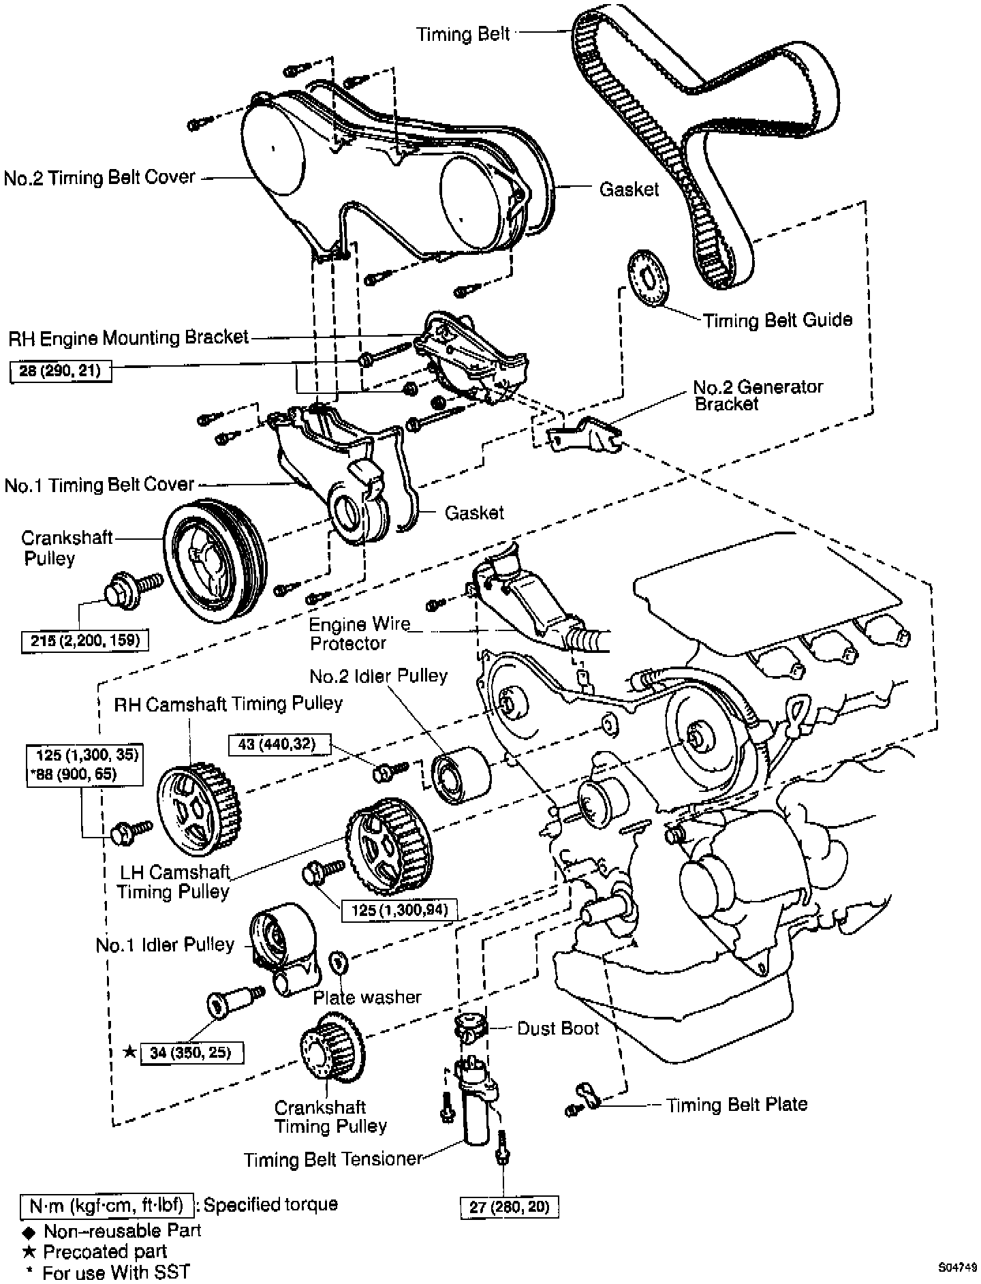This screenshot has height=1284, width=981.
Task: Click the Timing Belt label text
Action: [x=463, y=34]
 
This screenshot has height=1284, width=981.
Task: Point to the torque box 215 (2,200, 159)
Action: [x=85, y=640]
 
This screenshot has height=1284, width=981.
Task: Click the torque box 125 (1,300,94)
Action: [x=399, y=909]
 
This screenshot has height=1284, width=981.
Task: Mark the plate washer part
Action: [x=339, y=962]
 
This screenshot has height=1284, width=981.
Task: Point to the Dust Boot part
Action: [x=468, y=1026]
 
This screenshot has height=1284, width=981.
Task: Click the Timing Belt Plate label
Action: [x=736, y=1104]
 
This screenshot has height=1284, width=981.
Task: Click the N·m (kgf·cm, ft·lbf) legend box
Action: [x=107, y=1205]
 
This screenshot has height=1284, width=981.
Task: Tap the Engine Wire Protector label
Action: [x=358, y=633]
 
